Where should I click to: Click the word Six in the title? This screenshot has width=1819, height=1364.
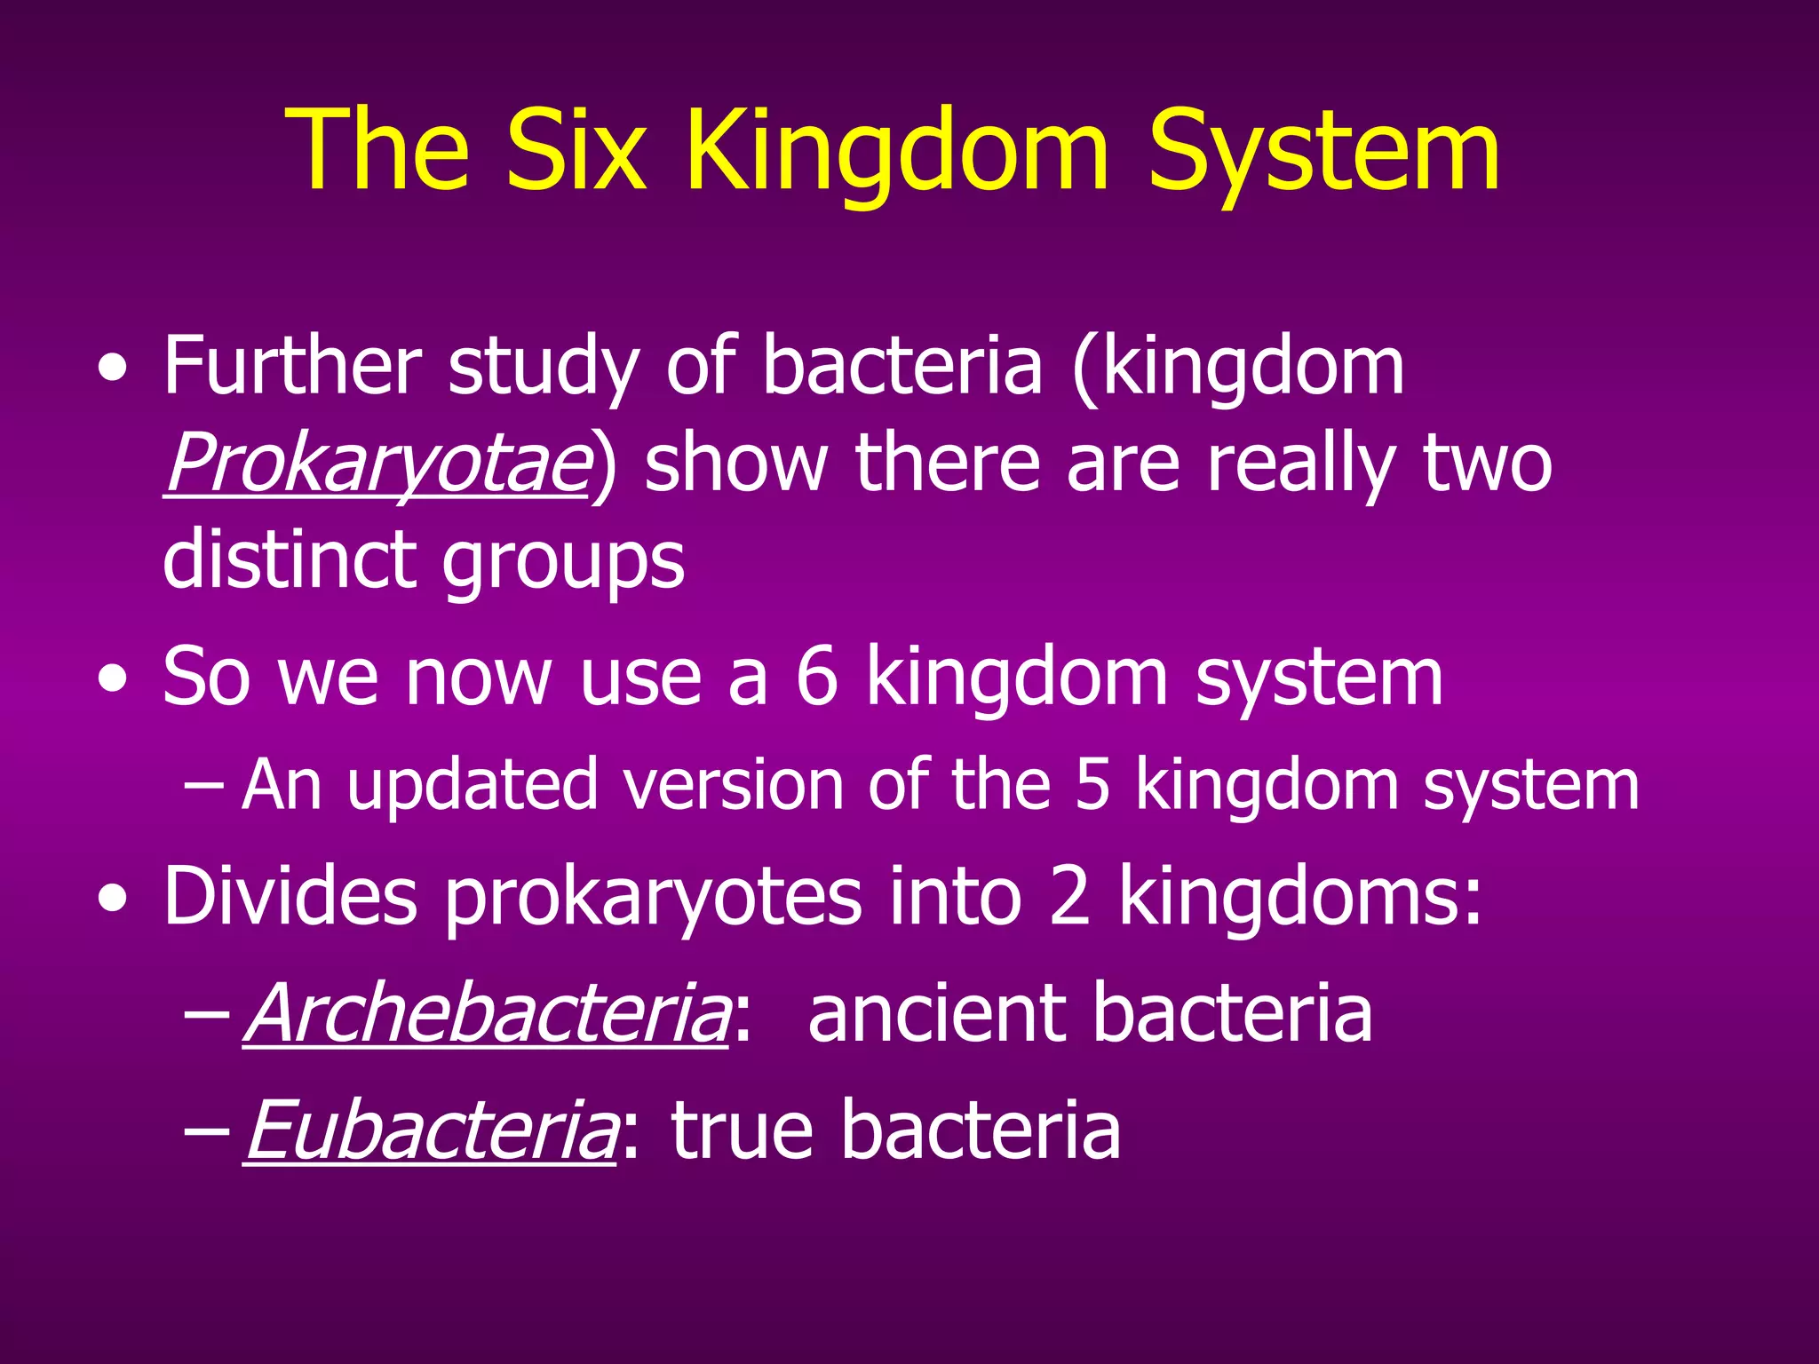point(575,151)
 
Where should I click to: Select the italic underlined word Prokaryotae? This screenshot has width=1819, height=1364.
point(377,464)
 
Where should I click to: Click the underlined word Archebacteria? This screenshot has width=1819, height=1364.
point(486,1013)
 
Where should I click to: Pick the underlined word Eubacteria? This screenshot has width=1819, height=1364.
point(430,1130)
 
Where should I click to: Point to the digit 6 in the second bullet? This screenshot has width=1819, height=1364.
point(816,677)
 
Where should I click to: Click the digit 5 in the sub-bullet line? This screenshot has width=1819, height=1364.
point(1092,785)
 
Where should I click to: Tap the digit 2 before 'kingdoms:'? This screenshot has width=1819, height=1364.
point(1068,897)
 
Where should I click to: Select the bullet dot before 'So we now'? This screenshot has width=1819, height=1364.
point(113,680)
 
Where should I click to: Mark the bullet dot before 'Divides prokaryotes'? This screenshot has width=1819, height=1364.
point(113,900)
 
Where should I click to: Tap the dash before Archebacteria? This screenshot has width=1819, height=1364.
point(205,1015)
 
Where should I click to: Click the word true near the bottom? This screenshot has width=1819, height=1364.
point(742,1130)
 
